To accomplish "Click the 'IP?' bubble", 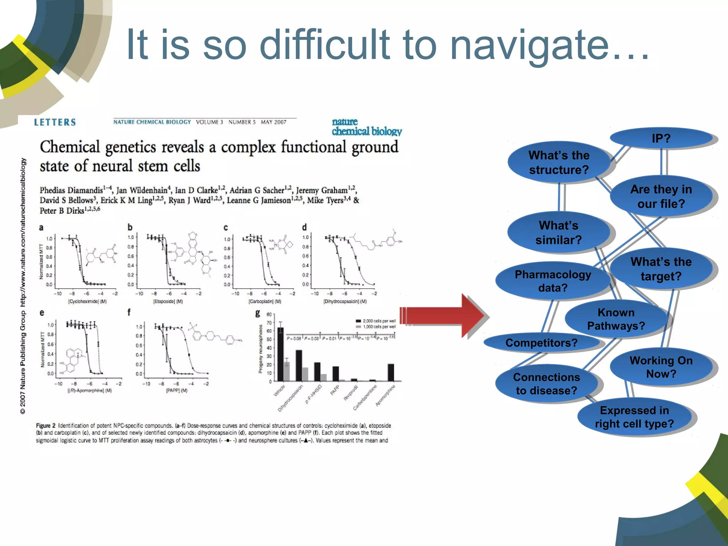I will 661,138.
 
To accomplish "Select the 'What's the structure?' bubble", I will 559,162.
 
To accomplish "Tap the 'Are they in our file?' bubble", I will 661,196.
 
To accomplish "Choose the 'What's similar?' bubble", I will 558,232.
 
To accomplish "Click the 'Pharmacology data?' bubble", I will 552,281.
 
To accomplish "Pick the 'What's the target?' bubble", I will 661,269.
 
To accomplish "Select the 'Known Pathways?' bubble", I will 616,319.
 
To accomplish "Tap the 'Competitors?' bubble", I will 541,343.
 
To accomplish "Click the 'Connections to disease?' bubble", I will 546,384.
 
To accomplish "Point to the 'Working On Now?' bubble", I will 661,367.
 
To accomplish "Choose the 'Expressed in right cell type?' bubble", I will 634,417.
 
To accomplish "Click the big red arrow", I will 444,315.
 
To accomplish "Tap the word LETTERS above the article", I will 55,122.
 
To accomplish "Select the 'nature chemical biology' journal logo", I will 366,127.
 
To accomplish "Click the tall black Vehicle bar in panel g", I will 280,354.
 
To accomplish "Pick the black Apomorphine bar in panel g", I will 391,372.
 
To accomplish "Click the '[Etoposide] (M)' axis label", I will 168,301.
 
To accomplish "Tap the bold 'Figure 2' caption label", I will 46,425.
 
